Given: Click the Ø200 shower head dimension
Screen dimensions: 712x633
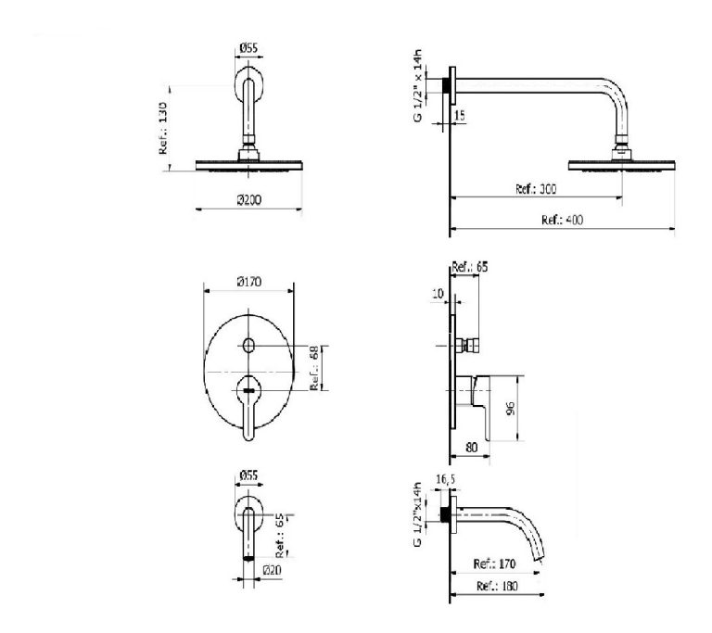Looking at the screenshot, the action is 249,200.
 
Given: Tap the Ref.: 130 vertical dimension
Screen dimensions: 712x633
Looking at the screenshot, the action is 163,128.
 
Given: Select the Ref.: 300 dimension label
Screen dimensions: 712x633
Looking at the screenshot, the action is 536,189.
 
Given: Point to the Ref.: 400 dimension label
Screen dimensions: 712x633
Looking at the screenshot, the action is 562,221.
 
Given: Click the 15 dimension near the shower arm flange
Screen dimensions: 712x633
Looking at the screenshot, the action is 460,115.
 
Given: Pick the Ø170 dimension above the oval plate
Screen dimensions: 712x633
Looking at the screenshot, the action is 249,282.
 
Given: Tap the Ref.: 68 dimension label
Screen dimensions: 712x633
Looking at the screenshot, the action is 314,368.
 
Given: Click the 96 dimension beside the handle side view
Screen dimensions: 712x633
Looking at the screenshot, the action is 511,408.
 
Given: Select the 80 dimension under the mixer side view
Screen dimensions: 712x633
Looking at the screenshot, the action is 472,448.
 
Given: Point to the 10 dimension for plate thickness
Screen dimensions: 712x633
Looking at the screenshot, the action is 438,294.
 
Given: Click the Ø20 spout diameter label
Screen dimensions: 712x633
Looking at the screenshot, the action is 272,570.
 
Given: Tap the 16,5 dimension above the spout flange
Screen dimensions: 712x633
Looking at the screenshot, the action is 446,479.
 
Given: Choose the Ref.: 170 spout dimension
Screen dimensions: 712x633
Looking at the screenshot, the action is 494,564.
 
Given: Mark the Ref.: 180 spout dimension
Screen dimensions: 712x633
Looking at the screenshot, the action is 497,587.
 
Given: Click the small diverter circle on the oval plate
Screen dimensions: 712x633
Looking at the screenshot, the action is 248,346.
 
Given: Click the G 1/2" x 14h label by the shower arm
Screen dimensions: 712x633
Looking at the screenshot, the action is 417,85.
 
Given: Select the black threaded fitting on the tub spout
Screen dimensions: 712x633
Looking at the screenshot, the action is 445,514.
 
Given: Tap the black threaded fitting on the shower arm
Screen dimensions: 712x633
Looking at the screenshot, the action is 446,85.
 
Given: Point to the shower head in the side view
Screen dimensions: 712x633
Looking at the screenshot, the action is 622,165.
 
